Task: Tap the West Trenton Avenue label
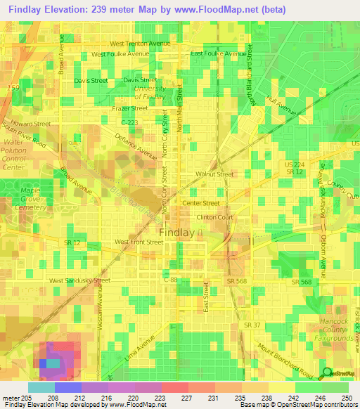click(x=141, y=43)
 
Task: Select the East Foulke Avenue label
click(x=219, y=53)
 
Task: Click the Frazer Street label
click(x=130, y=108)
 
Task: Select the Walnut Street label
click(x=215, y=174)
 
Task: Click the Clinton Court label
click(x=214, y=217)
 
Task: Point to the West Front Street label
click(x=139, y=242)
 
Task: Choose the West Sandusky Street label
click(x=79, y=280)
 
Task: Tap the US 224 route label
click(x=293, y=164)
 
